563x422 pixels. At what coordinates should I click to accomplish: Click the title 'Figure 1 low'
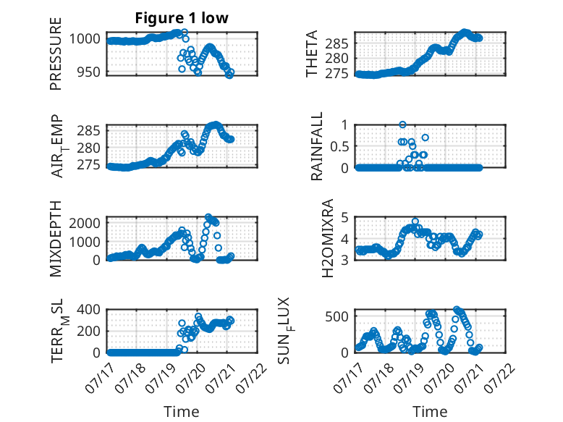tap(182, 18)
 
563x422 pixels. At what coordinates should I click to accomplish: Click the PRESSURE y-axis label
tap(56, 54)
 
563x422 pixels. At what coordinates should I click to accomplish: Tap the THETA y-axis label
tap(312, 54)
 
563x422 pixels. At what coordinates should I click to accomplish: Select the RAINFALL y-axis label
tap(317, 146)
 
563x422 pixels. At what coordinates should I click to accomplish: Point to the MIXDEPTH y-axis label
tap(56, 239)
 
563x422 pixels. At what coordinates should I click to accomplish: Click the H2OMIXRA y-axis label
tap(328, 238)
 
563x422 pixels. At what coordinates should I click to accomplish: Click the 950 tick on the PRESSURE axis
tap(89, 72)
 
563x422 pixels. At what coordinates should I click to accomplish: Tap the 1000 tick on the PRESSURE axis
tap(85, 38)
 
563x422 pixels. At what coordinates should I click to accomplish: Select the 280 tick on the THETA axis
tap(336, 58)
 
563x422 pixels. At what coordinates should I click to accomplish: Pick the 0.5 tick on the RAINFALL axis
tap(339, 146)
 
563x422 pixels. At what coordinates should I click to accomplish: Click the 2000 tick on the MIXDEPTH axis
tap(85, 223)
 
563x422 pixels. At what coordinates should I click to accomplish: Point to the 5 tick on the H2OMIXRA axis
tap(345, 217)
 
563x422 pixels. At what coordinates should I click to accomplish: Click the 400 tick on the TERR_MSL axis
tap(89, 309)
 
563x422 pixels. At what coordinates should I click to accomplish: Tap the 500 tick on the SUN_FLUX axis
tap(336, 316)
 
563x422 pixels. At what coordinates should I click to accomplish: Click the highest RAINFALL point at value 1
tap(402, 125)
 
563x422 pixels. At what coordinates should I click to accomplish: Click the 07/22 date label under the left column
tap(252, 378)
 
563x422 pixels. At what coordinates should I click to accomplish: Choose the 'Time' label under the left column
tap(182, 411)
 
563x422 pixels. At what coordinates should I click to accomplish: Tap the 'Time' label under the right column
tap(430, 411)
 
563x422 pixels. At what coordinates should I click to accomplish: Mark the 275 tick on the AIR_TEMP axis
tap(89, 165)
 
